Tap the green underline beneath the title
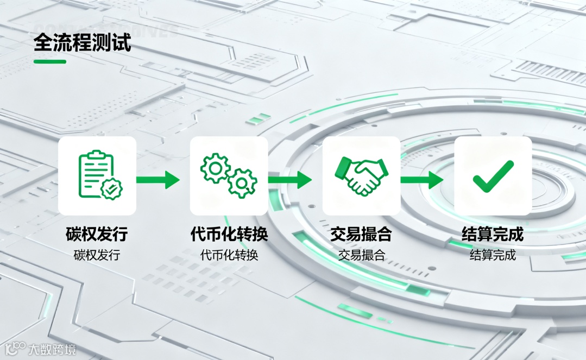pyautogui.click(x=50, y=61)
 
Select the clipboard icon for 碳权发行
pyautogui.click(x=97, y=175)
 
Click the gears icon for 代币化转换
pyautogui.click(x=229, y=175)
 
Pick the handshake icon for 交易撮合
pyautogui.click(x=361, y=175)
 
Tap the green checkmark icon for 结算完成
pyautogui.click(x=493, y=175)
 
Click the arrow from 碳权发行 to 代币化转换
pyautogui.click(x=157, y=180)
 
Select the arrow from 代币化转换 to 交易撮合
pyautogui.click(x=290, y=180)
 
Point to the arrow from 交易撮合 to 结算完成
pyautogui.click(x=422, y=180)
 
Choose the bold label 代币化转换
pyautogui.click(x=229, y=235)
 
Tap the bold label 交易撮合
pyautogui.click(x=361, y=235)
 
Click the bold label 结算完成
pyautogui.click(x=493, y=235)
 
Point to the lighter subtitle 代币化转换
pyautogui.click(x=229, y=255)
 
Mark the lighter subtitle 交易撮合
pyautogui.click(x=361, y=255)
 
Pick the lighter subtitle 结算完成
pyautogui.click(x=493, y=255)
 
